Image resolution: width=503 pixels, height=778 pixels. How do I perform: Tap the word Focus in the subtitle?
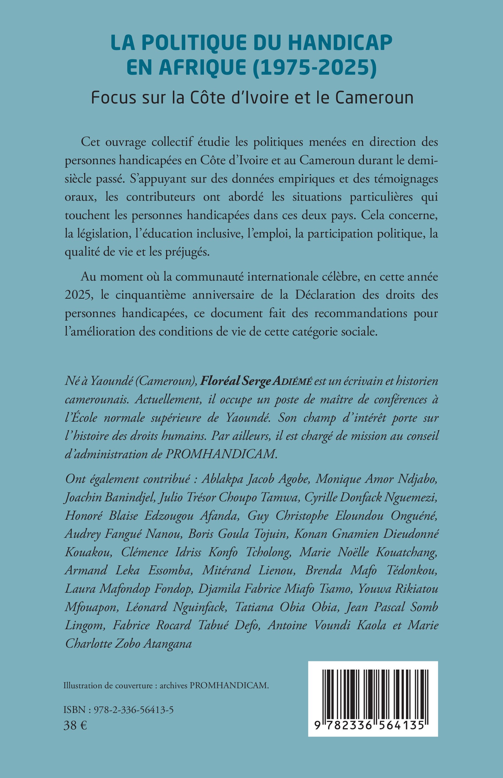[113, 97]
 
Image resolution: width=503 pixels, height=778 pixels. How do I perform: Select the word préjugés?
[187, 252]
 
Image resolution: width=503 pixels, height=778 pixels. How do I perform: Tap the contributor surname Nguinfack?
[199, 607]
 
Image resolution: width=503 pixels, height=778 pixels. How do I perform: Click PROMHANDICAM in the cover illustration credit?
[229, 685]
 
